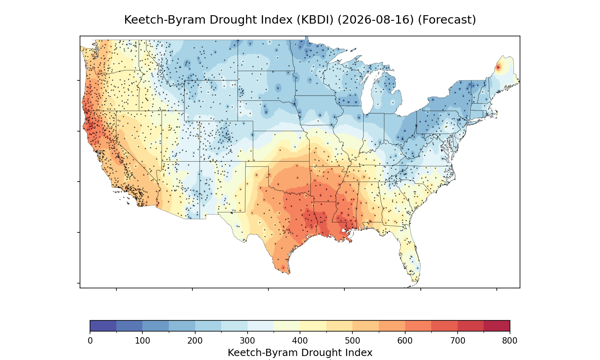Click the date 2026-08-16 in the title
click(x=376, y=20)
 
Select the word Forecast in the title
click(x=446, y=20)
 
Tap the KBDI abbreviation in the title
click(x=315, y=20)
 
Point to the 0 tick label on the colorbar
click(x=90, y=341)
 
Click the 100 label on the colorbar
click(x=142, y=341)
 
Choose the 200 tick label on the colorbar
click(x=195, y=341)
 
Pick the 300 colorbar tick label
click(x=248, y=341)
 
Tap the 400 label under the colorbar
click(x=300, y=341)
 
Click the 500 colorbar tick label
click(x=352, y=341)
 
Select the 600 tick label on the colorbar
click(x=405, y=341)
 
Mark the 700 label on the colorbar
click(x=458, y=341)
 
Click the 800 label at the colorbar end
click(x=510, y=341)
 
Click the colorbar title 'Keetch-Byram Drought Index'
click(x=300, y=353)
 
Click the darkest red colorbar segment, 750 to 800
click(x=497, y=326)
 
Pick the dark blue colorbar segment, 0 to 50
click(x=103, y=326)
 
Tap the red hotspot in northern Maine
click(x=498, y=68)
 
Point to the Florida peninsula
click(x=410, y=254)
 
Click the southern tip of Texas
click(x=288, y=273)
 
